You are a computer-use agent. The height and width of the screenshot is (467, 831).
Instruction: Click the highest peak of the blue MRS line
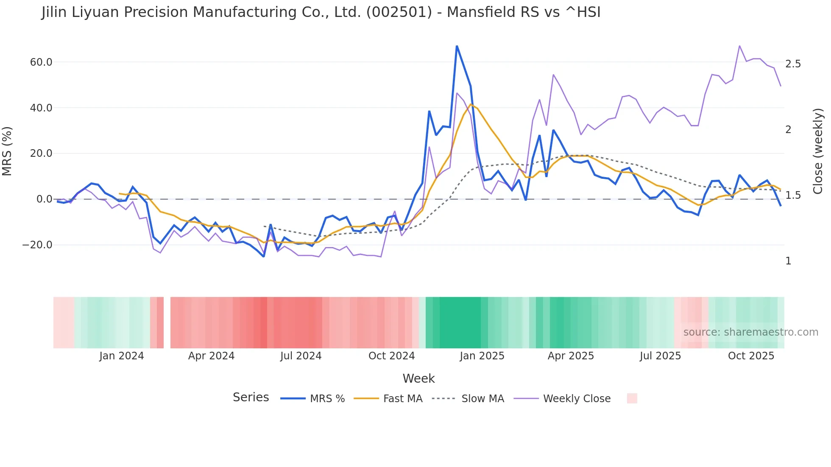click(x=457, y=46)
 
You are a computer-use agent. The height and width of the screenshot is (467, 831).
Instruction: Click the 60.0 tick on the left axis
click(x=41, y=62)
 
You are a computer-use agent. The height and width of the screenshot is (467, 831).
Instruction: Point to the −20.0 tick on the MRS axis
click(x=37, y=245)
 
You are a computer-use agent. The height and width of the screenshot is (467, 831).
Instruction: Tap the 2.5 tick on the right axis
click(x=793, y=64)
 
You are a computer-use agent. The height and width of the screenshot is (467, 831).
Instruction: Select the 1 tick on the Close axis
click(x=788, y=261)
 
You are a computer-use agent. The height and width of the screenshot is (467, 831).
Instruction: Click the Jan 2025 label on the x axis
click(x=482, y=356)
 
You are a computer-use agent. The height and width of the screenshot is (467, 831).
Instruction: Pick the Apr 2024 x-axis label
click(x=211, y=356)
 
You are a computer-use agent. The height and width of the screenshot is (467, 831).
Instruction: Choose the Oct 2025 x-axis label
click(x=751, y=356)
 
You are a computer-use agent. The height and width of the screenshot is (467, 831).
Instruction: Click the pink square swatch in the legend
click(x=632, y=398)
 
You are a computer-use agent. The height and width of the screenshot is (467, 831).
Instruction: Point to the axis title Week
click(x=418, y=378)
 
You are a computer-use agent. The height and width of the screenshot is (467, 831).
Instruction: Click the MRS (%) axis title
click(x=7, y=151)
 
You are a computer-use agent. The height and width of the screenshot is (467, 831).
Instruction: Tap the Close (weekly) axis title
click(x=818, y=151)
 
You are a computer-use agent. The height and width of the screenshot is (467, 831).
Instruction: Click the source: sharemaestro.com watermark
click(x=750, y=332)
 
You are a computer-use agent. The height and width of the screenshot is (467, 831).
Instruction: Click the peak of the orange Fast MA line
click(x=471, y=104)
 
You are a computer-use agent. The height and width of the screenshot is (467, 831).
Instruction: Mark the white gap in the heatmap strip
click(x=167, y=322)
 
